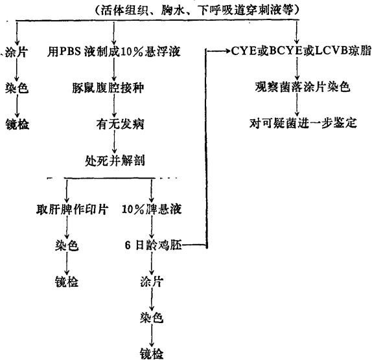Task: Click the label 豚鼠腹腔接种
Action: tap(108, 88)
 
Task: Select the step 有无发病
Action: tap(120, 124)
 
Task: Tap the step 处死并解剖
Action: tap(115, 161)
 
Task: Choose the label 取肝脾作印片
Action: tap(72, 209)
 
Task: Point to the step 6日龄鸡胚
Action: tap(153, 245)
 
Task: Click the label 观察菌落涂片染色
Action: tap(303, 87)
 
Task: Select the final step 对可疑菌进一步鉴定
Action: tap(303, 123)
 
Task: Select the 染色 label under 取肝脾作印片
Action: tap(67, 245)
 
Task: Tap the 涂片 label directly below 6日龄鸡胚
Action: tap(152, 282)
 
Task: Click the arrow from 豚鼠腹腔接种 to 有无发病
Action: tap(114, 106)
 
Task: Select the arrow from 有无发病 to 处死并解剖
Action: tap(114, 142)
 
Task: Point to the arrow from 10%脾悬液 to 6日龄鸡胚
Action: tap(152, 227)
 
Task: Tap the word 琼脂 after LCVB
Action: tap(360, 51)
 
